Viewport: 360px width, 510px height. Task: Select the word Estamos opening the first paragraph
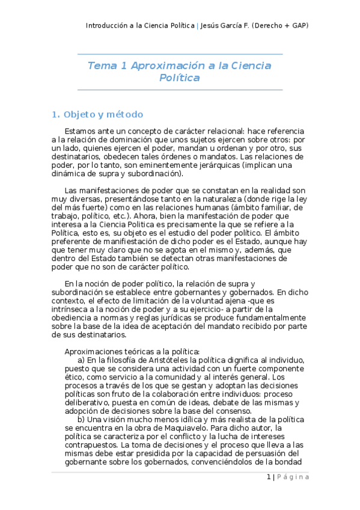(x=81, y=131)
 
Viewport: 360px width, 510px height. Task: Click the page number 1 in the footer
(x=268, y=477)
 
